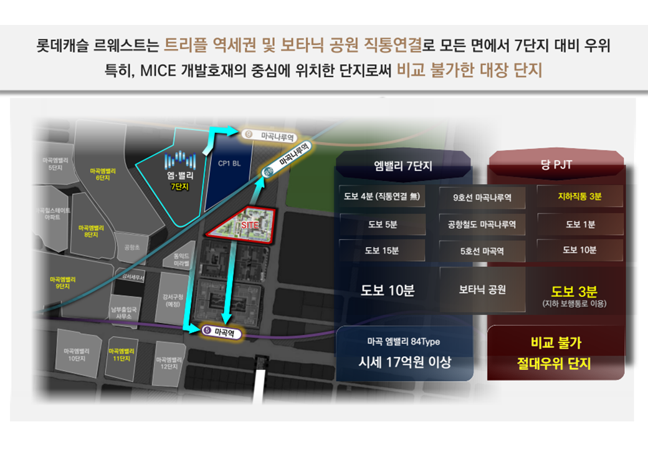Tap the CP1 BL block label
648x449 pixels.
tap(229, 163)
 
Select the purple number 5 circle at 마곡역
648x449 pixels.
tap(207, 331)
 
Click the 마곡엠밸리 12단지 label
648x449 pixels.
tap(168, 362)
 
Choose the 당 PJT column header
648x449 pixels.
tap(556, 165)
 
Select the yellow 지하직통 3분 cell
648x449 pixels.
tap(579, 196)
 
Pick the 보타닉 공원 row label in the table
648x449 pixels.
tap(482, 289)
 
